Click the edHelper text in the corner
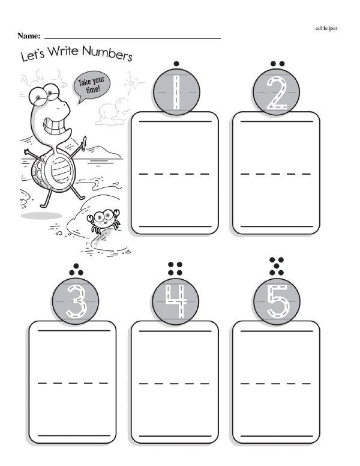click(326, 28)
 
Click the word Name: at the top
click(29, 36)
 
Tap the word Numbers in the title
click(107, 53)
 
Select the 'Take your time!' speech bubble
click(91, 85)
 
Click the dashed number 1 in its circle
click(176, 92)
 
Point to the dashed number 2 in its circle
click(277, 92)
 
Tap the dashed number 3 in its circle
click(76, 301)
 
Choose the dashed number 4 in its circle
click(176, 301)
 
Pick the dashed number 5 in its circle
click(278, 301)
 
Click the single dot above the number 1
click(176, 64)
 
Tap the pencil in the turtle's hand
click(84, 144)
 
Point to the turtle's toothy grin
click(56, 126)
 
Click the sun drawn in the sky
click(131, 83)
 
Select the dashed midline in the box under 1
click(175, 174)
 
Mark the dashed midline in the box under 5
click(275, 383)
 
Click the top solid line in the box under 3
click(74, 330)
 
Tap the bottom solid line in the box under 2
click(277, 226)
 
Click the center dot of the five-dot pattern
click(277, 266)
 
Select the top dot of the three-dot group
click(76, 266)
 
